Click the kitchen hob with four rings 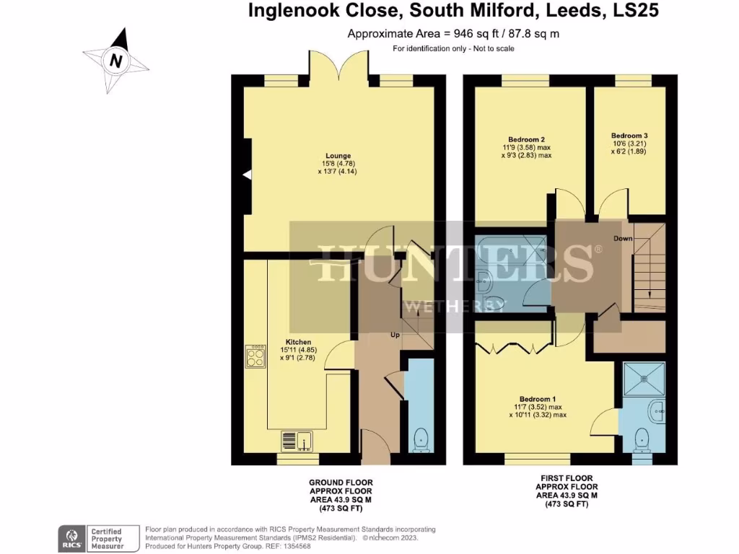point(256,356)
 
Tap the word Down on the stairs point(623,238)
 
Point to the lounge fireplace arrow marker point(247,175)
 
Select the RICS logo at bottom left point(71,538)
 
